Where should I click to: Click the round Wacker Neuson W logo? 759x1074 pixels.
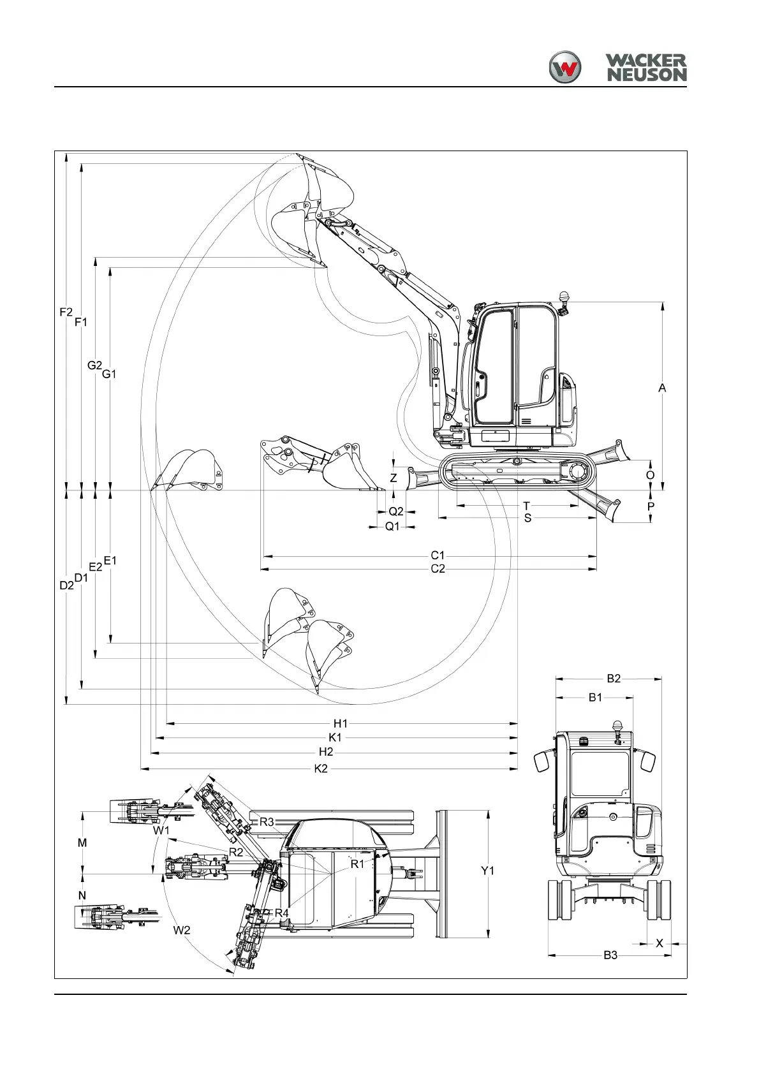click(x=565, y=67)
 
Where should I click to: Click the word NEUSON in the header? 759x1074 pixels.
click(x=646, y=75)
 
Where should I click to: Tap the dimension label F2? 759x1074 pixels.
click(x=66, y=312)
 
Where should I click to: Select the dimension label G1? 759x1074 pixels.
click(x=109, y=374)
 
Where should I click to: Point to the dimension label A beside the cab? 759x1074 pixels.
click(x=662, y=388)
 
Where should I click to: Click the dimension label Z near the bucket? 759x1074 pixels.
click(x=394, y=478)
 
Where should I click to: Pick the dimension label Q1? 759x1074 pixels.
click(x=392, y=527)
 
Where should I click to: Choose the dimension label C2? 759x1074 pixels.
click(x=438, y=569)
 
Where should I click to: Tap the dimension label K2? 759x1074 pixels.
click(x=321, y=769)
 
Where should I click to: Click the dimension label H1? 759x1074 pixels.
click(x=341, y=723)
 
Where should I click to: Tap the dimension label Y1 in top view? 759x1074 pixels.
click(x=487, y=871)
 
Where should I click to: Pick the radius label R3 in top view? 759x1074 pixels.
click(x=267, y=822)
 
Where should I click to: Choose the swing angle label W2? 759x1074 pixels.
click(x=182, y=931)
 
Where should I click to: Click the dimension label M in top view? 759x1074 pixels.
click(x=82, y=843)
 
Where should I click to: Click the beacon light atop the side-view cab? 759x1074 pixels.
click(x=563, y=297)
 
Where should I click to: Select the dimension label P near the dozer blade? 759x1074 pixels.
click(x=651, y=506)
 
